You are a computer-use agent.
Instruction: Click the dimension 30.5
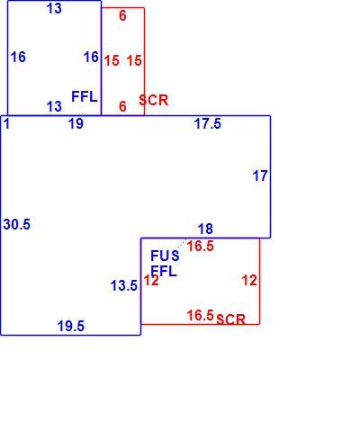(x=17, y=224)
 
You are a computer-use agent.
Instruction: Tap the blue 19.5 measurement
(x=71, y=326)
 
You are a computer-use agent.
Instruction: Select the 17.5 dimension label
(x=208, y=123)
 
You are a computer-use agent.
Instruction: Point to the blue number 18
(x=205, y=229)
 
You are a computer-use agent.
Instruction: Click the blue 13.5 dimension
(x=124, y=285)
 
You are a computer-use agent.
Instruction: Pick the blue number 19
(x=76, y=123)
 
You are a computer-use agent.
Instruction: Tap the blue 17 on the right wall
(x=260, y=176)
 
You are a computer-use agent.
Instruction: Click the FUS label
(x=165, y=256)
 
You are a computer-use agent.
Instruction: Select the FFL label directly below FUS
(x=164, y=272)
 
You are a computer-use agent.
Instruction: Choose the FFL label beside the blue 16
(x=85, y=96)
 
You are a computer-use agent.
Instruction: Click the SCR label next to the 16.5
(x=230, y=319)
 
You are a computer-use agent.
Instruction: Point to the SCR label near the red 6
(x=154, y=100)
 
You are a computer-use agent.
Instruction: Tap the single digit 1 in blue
(x=7, y=123)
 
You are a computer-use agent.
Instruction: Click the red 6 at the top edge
(x=122, y=15)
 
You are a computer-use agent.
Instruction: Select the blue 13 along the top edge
(x=54, y=8)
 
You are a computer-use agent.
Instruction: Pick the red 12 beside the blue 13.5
(x=151, y=281)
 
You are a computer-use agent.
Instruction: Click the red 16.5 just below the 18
(x=201, y=247)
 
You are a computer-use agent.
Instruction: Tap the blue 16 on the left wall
(x=18, y=57)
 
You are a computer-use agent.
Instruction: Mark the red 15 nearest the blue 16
(x=112, y=60)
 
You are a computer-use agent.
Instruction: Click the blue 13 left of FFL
(x=54, y=106)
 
